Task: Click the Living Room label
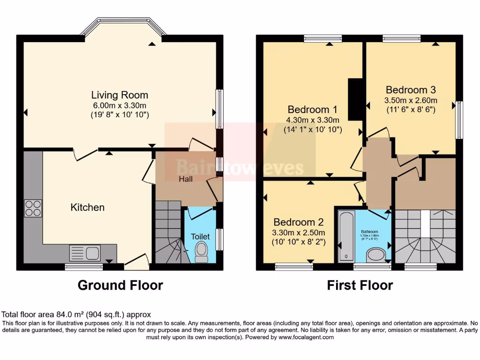120,95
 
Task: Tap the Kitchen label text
87,207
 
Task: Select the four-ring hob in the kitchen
33,208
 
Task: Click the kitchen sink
85,253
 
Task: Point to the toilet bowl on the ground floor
202,252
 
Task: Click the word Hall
186,179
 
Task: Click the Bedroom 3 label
407,90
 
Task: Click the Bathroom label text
369,232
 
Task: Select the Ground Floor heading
120,285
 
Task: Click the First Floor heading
360,285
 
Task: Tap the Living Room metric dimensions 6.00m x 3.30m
120,105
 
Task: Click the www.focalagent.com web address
306,337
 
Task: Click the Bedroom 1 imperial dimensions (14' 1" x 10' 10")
313,129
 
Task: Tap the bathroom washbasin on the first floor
375,255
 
